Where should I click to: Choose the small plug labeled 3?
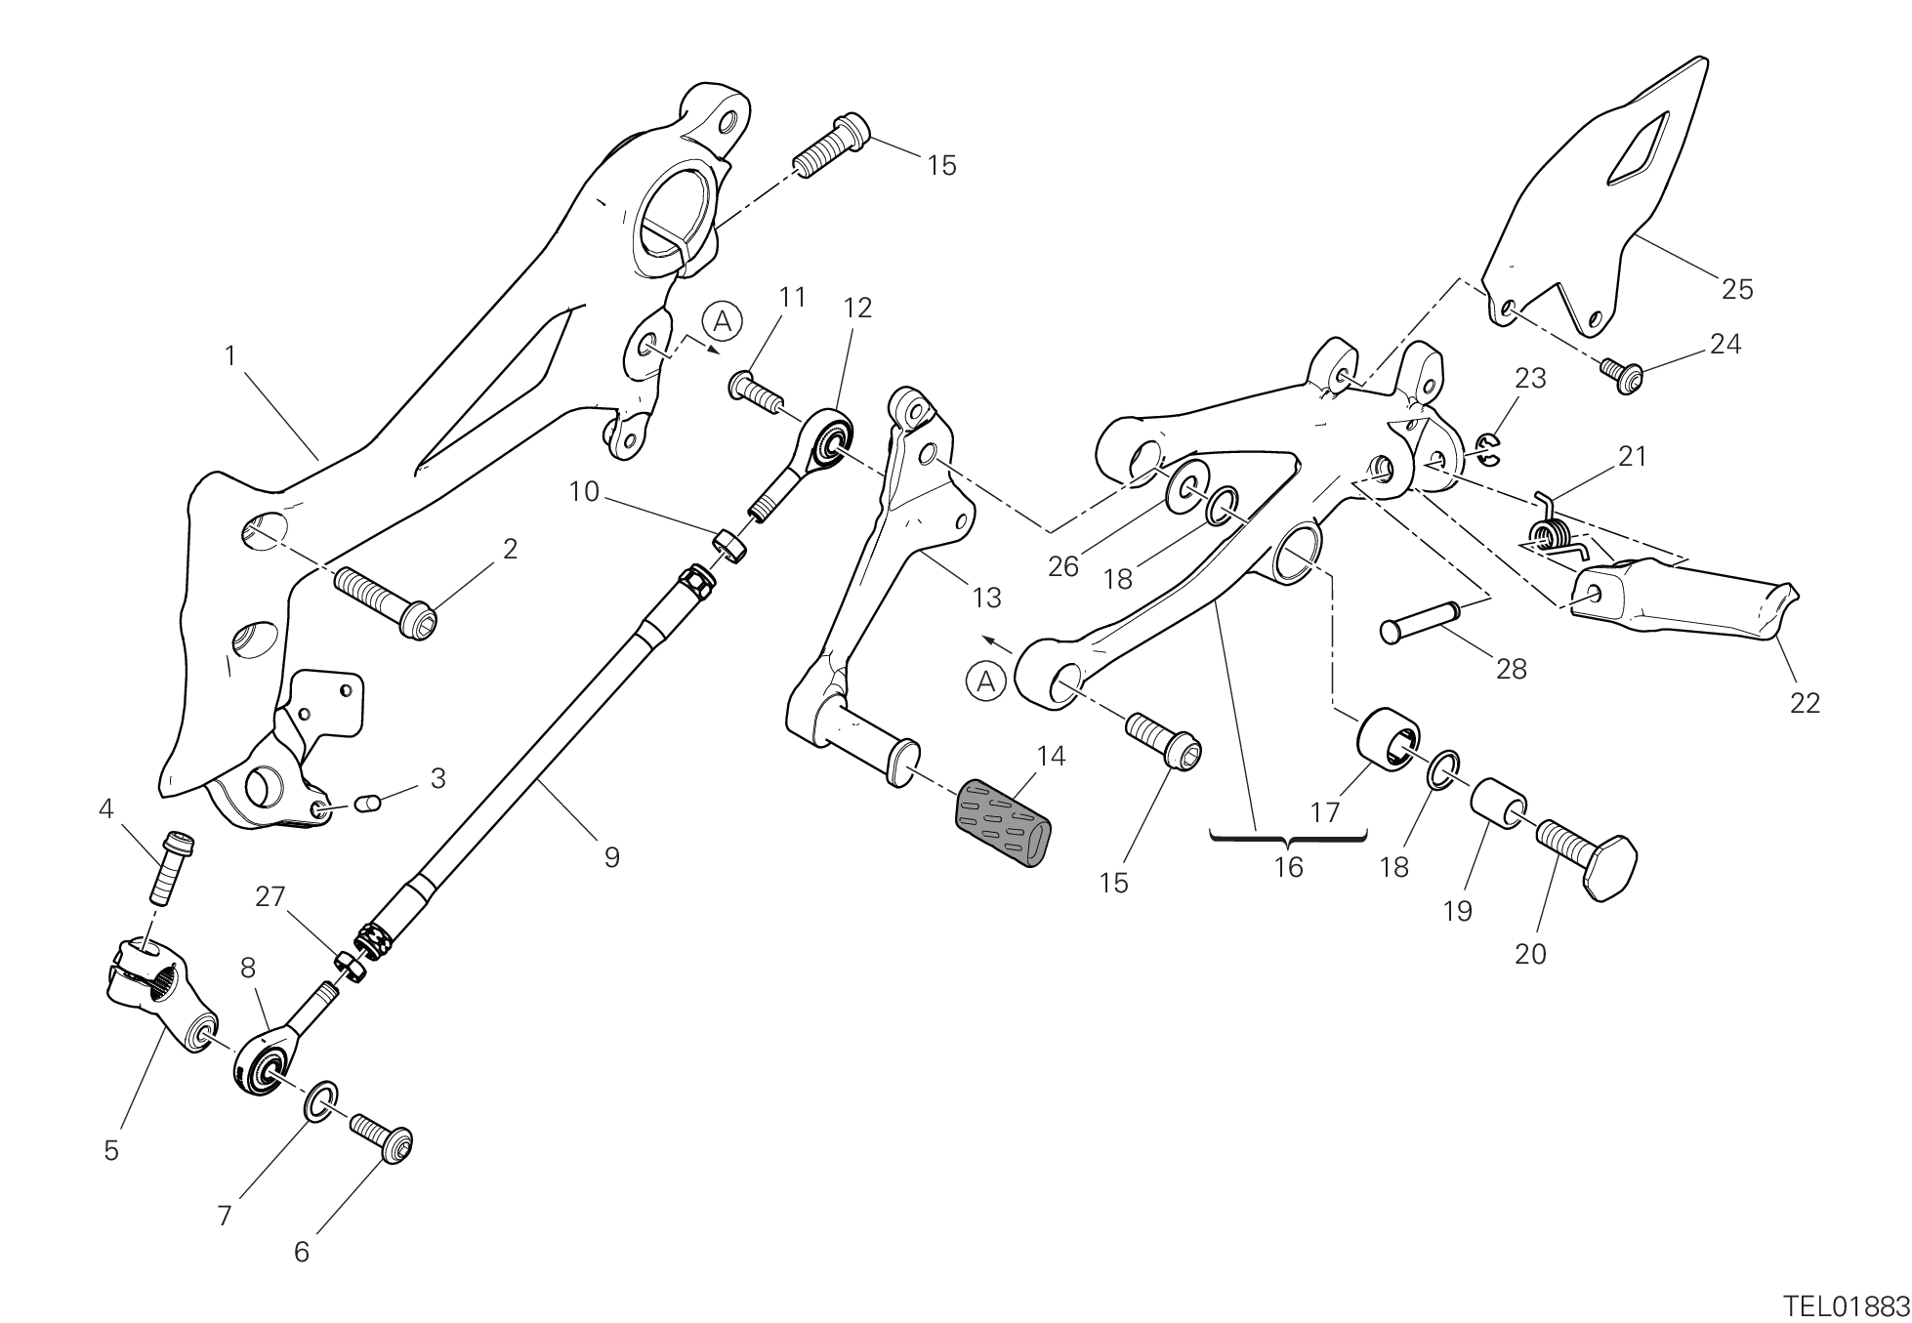tap(366, 803)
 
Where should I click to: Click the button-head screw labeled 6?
tap(382, 1137)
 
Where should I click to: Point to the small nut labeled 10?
tap(730, 545)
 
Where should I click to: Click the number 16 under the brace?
tap(1289, 867)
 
